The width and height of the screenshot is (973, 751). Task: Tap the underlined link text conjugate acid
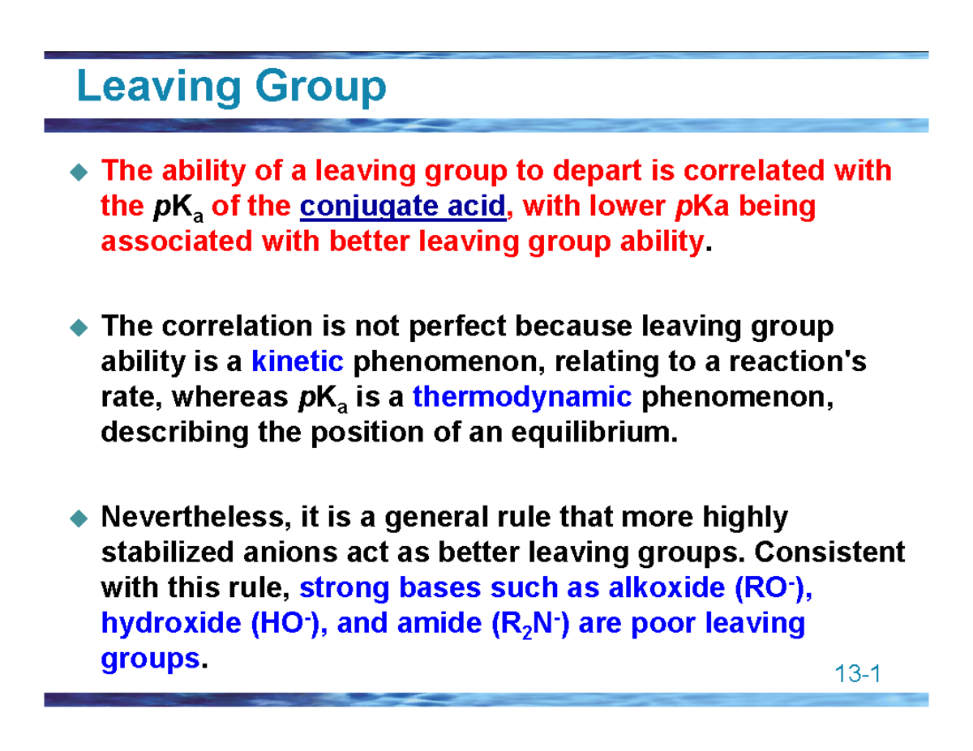click(x=402, y=207)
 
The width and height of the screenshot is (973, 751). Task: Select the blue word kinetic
click(x=298, y=361)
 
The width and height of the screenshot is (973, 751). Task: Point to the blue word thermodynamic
click(x=522, y=396)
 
